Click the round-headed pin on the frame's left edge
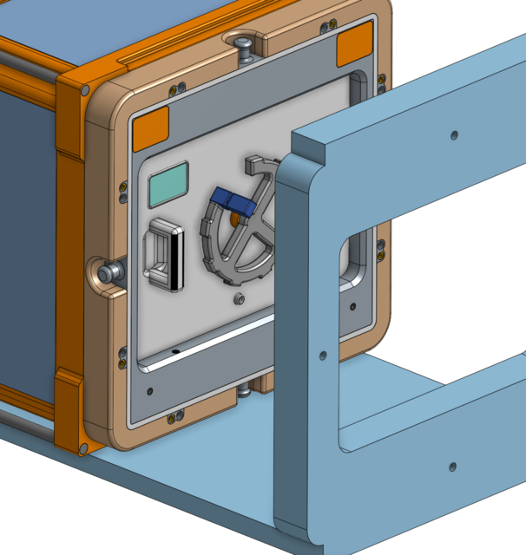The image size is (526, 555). click(x=108, y=272)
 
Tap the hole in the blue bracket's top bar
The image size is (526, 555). click(x=454, y=135)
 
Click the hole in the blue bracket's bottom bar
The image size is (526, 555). click(x=451, y=467)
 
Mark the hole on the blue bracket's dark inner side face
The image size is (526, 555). click(x=322, y=356)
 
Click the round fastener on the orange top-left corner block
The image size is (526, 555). click(x=84, y=89)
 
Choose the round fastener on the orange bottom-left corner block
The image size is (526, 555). click(x=83, y=447)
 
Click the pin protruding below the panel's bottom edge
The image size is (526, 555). click(x=246, y=393)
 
